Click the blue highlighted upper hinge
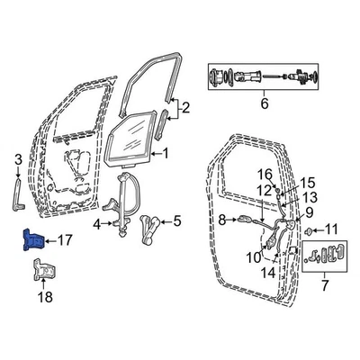32,240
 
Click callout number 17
64,240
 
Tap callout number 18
44,296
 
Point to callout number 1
165,155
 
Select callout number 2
185,111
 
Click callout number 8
221,219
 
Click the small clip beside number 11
308,231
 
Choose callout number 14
268,271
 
